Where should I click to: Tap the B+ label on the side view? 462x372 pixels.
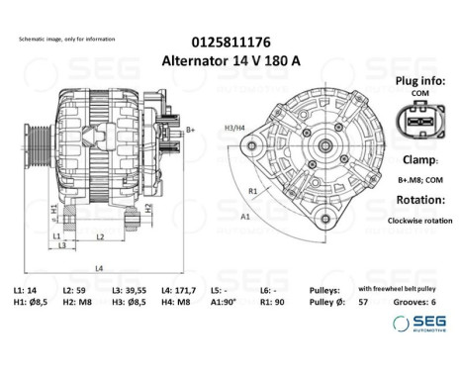(191, 129)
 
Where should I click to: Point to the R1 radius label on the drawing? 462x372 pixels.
(254, 190)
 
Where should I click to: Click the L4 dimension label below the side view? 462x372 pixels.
(100, 268)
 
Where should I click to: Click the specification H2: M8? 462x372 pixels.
(75, 302)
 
